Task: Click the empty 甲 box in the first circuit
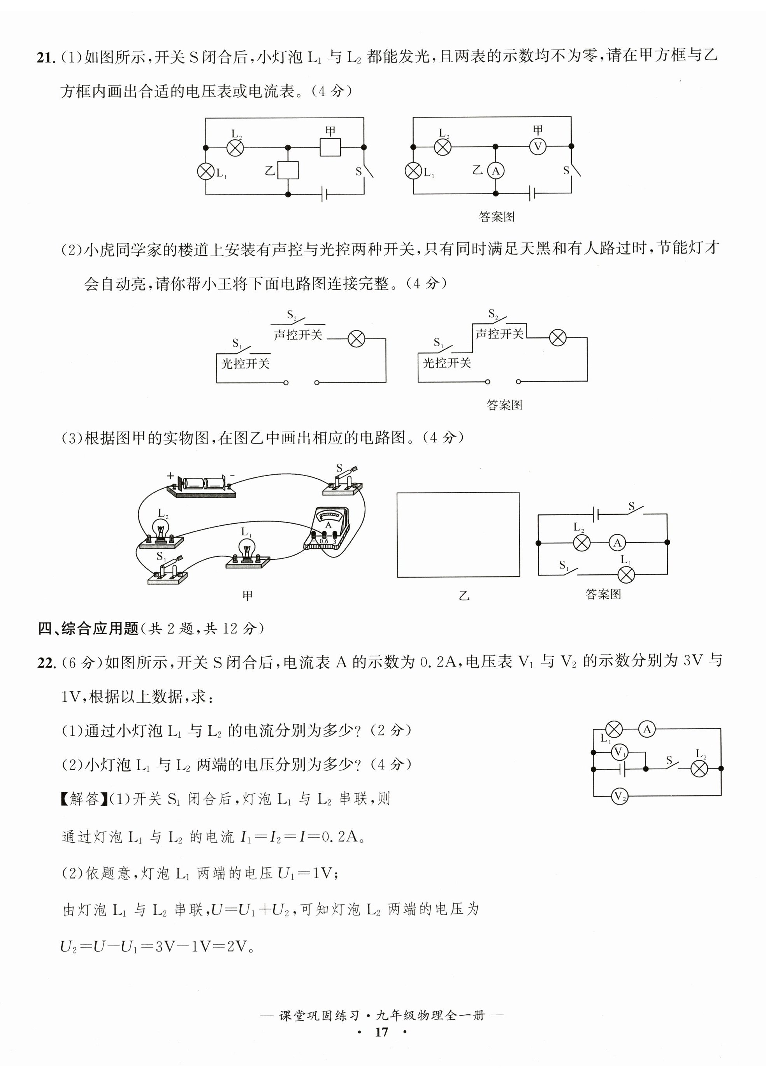point(330,147)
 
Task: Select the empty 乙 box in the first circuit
point(288,170)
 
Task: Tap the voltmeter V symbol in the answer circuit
point(537,147)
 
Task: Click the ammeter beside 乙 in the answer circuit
point(495,171)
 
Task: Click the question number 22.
point(47,663)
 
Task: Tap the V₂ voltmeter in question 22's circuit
point(619,796)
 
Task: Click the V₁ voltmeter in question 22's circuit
point(619,752)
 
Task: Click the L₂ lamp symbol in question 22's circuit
point(699,769)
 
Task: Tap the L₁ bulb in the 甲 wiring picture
point(246,552)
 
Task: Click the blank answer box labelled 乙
point(458,535)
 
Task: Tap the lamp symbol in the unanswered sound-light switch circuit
point(356,339)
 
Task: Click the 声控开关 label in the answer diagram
point(499,334)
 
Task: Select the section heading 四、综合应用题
point(88,628)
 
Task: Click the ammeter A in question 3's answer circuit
point(617,543)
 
